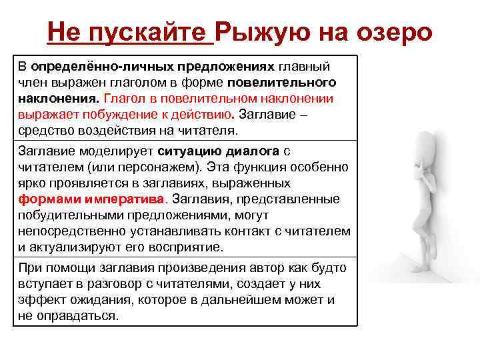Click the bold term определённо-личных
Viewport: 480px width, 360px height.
(x=103, y=67)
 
